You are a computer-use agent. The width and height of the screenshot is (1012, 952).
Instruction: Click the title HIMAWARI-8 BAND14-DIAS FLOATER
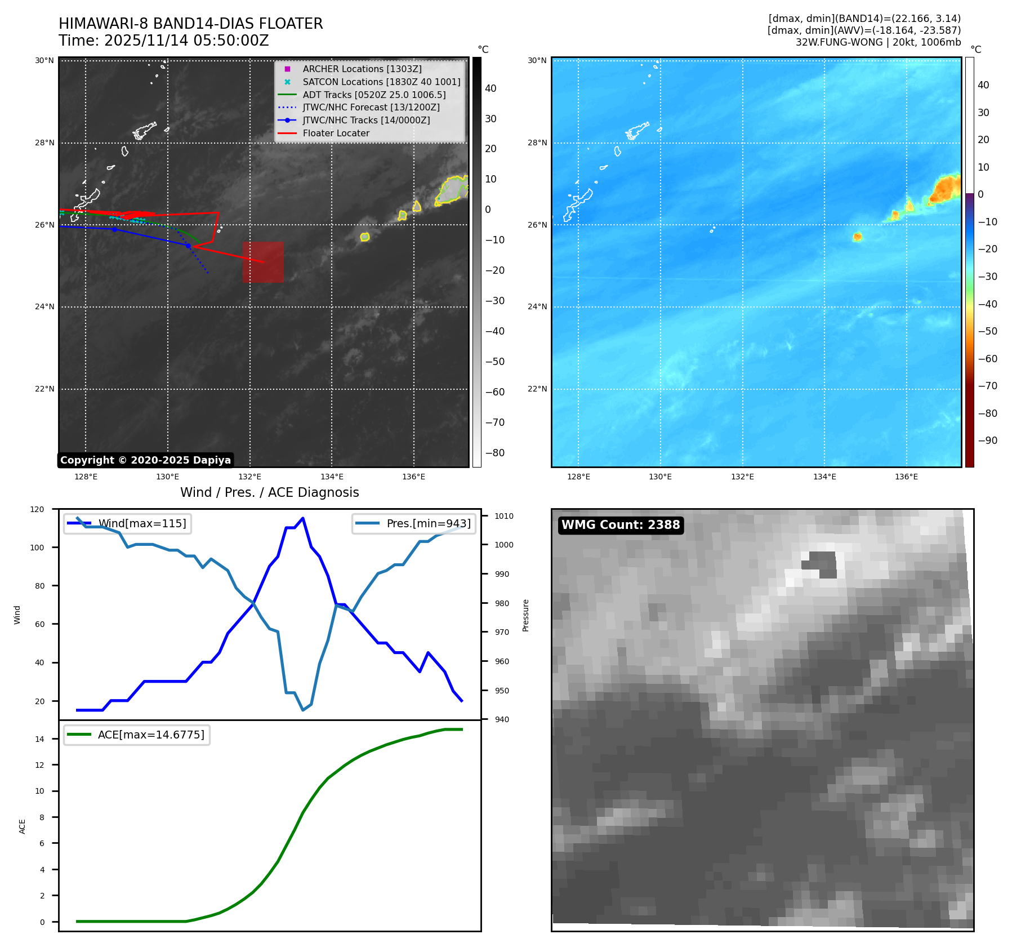pos(190,24)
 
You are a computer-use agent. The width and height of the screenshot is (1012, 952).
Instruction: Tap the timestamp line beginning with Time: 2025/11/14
pos(163,41)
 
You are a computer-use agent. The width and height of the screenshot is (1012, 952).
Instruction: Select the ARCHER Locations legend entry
pos(362,69)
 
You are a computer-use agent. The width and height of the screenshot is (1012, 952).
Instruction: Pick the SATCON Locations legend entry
pos(381,82)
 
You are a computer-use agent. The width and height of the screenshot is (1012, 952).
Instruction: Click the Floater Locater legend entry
pos(336,133)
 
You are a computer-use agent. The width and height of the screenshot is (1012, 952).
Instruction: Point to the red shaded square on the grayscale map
pos(263,262)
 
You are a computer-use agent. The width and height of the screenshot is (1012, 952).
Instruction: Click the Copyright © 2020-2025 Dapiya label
pos(145,460)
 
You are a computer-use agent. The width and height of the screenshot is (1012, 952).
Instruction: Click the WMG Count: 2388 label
pos(621,525)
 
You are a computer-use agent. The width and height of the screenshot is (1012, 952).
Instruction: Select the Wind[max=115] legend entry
pos(142,523)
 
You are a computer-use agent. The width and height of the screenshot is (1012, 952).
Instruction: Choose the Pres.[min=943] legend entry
pos(428,523)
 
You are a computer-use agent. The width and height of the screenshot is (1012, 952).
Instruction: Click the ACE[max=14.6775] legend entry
pos(151,735)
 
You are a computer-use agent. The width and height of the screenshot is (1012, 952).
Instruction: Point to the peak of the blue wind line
pos(303,518)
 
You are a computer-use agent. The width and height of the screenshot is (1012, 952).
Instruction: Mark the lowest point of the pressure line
pos(303,710)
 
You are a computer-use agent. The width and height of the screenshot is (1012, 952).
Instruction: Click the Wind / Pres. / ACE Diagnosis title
pos(269,492)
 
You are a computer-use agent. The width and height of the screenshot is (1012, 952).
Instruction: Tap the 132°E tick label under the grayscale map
pos(249,477)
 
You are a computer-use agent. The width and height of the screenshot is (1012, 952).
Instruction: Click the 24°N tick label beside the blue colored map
pos(537,307)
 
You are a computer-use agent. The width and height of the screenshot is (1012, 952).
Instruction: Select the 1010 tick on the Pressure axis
pos(504,516)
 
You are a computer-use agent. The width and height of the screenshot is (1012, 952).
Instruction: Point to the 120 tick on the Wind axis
pos(37,509)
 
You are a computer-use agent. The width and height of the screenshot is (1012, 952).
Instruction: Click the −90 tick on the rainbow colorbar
pos(987,441)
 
